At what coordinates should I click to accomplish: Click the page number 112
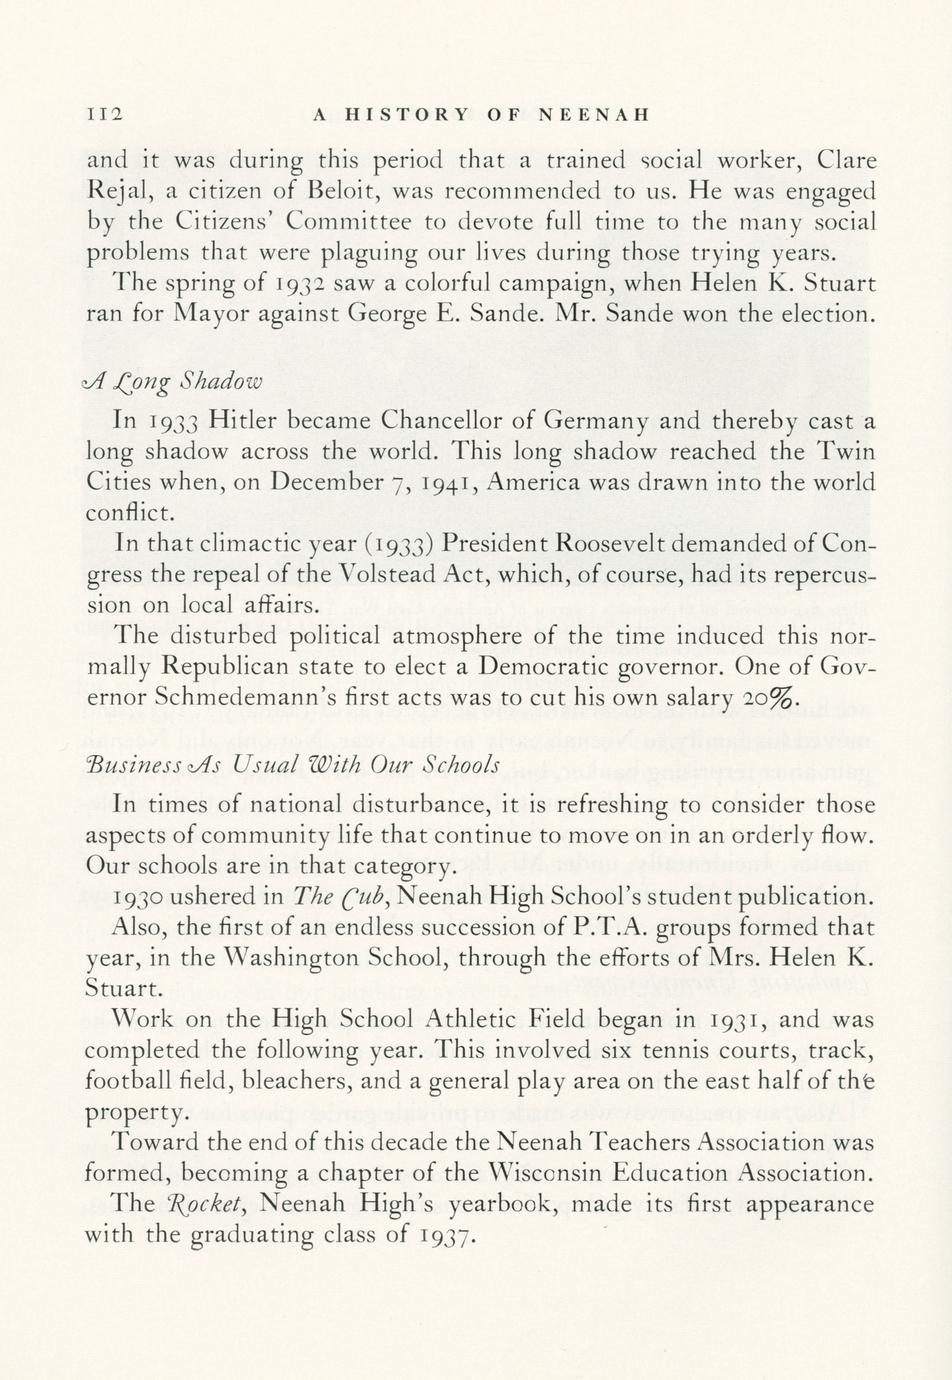(x=105, y=114)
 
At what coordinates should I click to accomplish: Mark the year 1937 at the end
(x=438, y=1236)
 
